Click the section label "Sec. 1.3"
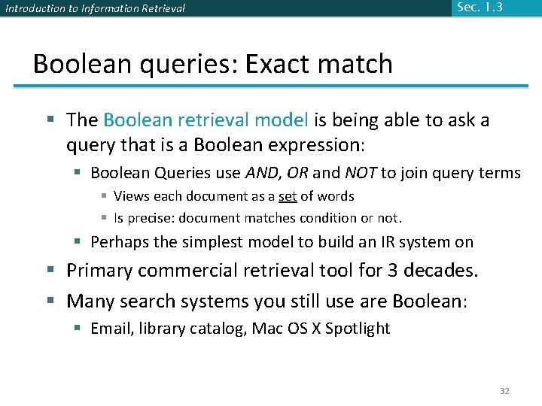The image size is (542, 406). click(479, 8)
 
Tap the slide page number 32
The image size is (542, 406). click(505, 391)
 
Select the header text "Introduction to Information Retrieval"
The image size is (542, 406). click(95, 9)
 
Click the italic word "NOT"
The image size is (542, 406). click(361, 173)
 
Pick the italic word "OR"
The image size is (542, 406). click(297, 173)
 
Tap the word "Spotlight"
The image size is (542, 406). click(358, 329)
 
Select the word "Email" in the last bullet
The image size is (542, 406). click(111, 329)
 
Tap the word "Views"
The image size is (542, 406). click(130, 196)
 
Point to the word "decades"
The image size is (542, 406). click(446, 270)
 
